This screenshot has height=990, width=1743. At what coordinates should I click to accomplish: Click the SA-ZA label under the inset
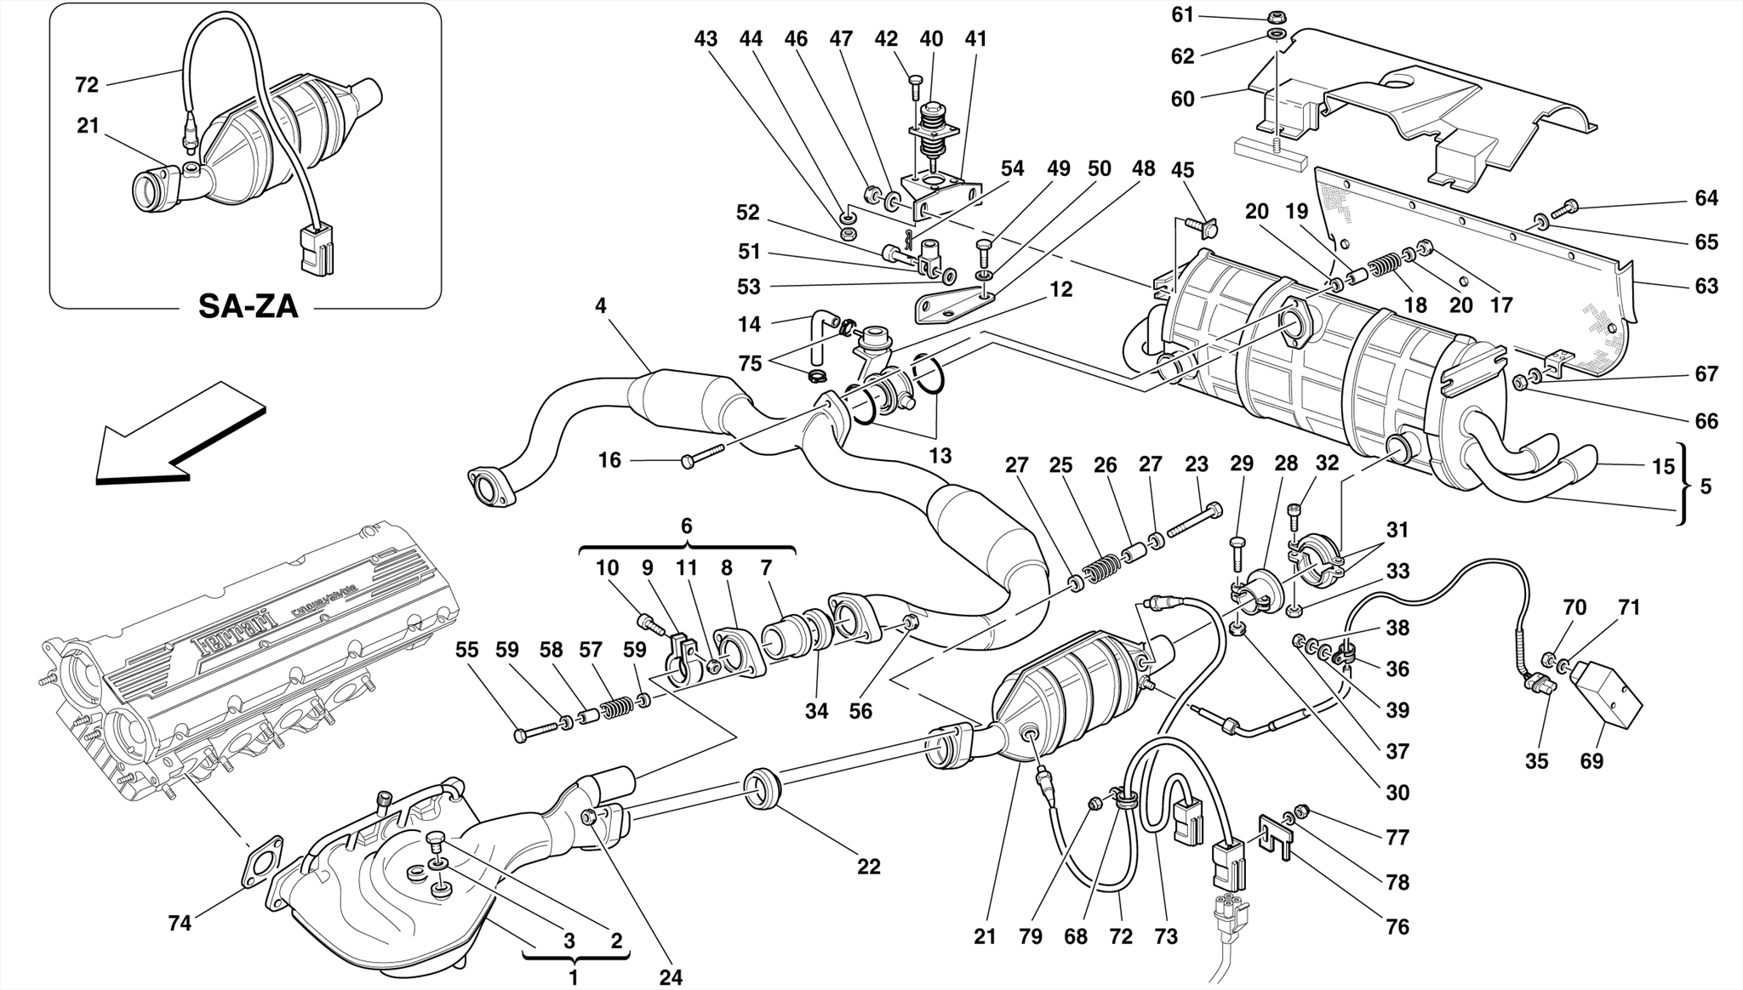click(248, 306)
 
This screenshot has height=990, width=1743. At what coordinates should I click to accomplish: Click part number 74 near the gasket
click(180, 922)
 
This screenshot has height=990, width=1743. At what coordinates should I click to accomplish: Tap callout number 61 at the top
click(1183, 14)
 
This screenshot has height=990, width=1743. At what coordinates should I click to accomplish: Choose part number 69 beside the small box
click(1592, 760)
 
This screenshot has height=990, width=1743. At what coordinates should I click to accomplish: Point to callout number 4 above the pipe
click(601, 305)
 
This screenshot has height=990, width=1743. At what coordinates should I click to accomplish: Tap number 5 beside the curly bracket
click(1706, 486)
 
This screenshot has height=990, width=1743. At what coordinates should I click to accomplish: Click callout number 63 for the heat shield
click(1706, 286)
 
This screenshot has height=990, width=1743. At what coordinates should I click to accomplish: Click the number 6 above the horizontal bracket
click(687, 526)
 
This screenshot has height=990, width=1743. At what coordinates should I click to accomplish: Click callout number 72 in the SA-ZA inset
click(87, 84)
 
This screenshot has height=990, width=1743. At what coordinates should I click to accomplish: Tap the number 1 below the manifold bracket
click(574, 977)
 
